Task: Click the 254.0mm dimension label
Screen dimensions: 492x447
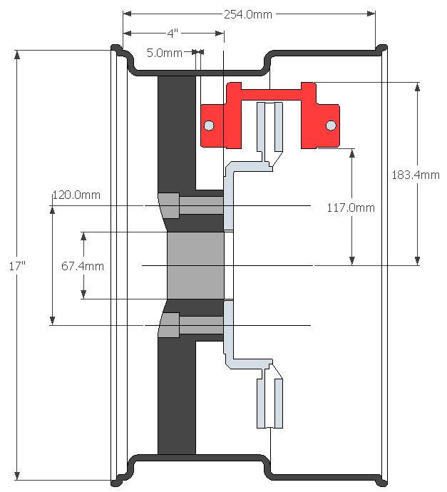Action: pos(250,14)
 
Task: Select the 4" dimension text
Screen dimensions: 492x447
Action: pos(172,33)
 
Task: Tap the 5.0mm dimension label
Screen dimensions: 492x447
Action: pos(163,52)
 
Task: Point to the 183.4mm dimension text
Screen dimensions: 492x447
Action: pos(416,174)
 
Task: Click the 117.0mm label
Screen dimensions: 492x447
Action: pos(350,208)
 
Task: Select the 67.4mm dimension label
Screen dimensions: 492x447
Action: pos(83,266)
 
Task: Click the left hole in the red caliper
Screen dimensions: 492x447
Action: pos(208,127)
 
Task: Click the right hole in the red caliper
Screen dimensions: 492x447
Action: pos(331,127)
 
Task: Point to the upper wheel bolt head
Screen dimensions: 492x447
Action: pos(168,205)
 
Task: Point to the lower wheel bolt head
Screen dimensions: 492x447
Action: pos(168,325)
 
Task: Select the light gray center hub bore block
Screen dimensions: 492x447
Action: pos(195,265)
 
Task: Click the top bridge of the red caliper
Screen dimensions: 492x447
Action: pos(271,92)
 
